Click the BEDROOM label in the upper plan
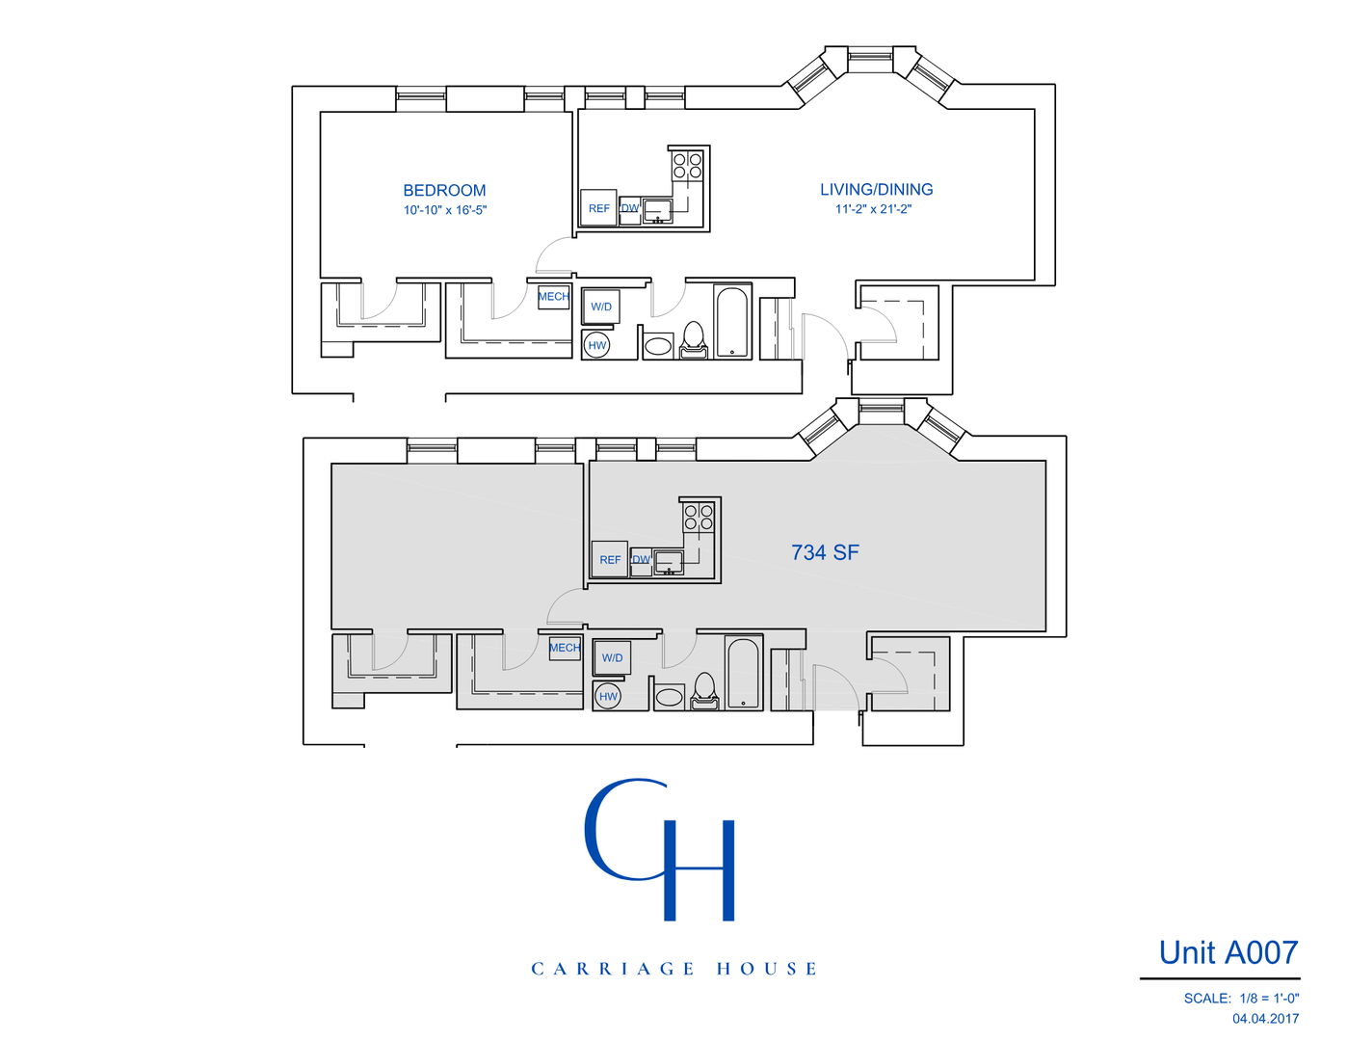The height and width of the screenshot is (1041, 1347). point(444,191)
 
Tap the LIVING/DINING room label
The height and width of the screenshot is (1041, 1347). point(876,190)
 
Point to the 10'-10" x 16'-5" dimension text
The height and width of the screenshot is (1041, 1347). point(444,210)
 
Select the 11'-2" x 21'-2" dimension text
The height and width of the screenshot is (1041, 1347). point(873,209)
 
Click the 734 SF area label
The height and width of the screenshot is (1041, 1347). point(825,552)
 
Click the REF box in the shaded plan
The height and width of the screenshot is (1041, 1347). point(610,559)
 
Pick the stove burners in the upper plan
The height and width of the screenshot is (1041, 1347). point(687,166)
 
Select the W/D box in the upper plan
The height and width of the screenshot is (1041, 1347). point(601,307)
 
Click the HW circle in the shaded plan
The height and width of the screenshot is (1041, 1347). point(608,696)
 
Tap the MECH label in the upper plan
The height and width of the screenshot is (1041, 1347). point(553,297)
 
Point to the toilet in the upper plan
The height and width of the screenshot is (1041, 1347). point(693,340)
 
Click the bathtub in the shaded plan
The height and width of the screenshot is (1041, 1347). point(743,673)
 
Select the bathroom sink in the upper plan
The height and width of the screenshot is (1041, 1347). point(659,345)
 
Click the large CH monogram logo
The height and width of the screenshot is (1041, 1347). point(660,848)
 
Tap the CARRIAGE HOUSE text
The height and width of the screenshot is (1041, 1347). point(673,969)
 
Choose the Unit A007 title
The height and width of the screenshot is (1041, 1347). point(1228,952)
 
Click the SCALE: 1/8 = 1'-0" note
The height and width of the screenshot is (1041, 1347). point(1241,999)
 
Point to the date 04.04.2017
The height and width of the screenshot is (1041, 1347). point(1265,1019)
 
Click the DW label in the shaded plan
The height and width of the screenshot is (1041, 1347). point(641,560)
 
